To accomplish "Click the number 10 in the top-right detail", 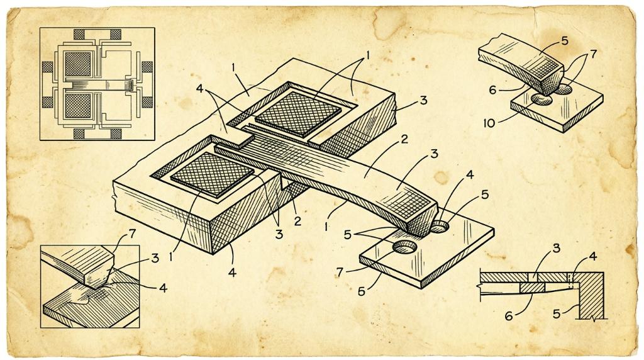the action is [489, 123].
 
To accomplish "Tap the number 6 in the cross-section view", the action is [508, 316].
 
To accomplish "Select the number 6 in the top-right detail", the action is [493, 89].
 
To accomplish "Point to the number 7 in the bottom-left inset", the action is [131, 234].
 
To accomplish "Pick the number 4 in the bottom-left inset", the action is [163, 288].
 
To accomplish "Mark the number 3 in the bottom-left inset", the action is [155, 258].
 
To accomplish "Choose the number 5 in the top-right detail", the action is [564, 41].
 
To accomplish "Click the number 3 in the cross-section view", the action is [556, 248].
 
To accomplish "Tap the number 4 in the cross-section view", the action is [592, 256].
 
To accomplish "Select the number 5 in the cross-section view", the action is [557, 314].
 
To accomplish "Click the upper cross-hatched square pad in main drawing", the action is [298, 113].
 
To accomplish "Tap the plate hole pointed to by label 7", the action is [405, 247].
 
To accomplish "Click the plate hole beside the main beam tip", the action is [440, 225].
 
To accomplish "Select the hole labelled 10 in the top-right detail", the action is [541, 99].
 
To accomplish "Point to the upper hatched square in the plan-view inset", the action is [77, 64].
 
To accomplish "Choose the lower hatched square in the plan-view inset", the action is [77, 105].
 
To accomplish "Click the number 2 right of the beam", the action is [404, 139].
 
